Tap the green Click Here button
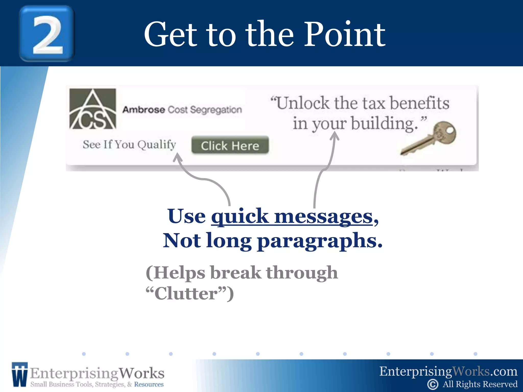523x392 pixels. tap(230, 145)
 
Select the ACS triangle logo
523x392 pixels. tap(93, 109)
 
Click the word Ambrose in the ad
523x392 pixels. tap(144, 110)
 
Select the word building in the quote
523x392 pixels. tap(384, 124)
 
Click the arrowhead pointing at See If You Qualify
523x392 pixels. tap(177, 158)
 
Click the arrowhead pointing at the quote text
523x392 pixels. tap(335, 136)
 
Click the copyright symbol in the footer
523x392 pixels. tap(433, 384)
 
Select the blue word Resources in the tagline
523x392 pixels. tap(149, 384)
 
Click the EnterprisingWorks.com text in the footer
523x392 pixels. tap(448, 371)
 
